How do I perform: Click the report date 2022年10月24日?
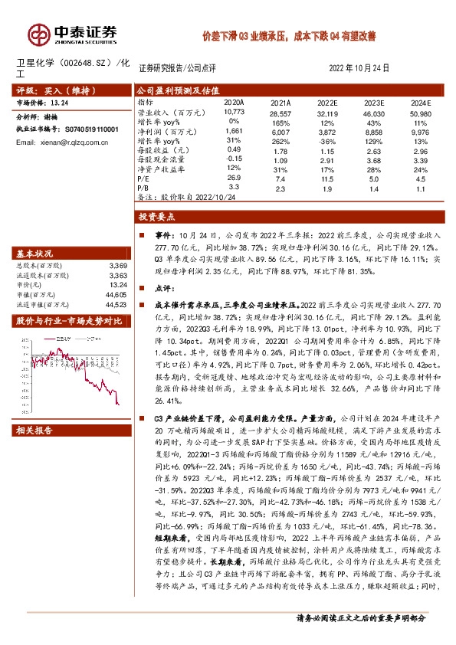358,68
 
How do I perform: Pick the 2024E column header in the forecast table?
420,102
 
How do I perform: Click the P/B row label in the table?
143,186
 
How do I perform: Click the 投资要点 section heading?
162,217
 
